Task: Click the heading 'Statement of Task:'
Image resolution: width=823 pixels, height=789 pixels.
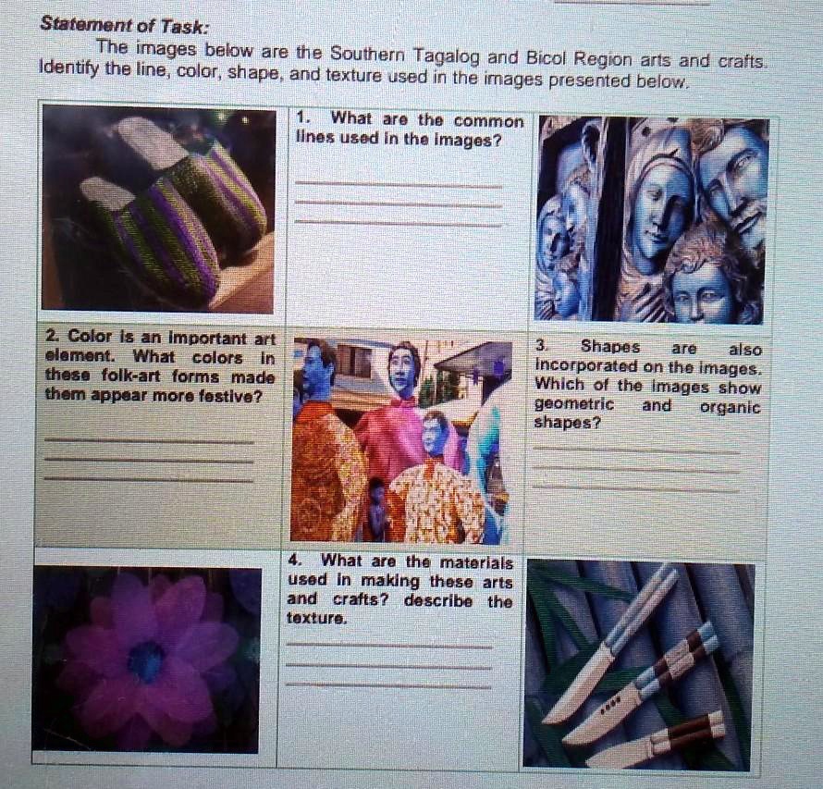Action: click(125, 26)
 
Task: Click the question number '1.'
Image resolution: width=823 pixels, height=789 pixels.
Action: click(306, 118)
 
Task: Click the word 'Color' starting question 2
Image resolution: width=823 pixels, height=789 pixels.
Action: click(90, 338)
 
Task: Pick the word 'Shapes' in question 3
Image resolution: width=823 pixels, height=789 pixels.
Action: click(609, 348)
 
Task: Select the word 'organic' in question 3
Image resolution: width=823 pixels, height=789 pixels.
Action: click(730, 406)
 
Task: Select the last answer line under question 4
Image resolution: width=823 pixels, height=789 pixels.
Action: click(388, 685)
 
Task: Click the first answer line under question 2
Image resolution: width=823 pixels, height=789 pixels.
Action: click(148, 440)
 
